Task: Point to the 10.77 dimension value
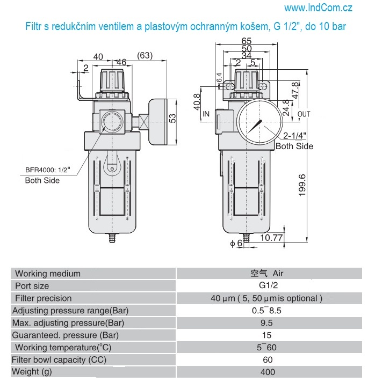tap(271, 237)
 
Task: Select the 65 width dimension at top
tap(247, 41)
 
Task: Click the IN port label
tap(206, 114)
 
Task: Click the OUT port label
tap(304, 114)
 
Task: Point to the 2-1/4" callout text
tap(295, 136)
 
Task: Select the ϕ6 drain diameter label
tap(236, 243)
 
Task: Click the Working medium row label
tap(48, 274)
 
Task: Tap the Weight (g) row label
tap(33, 372)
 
